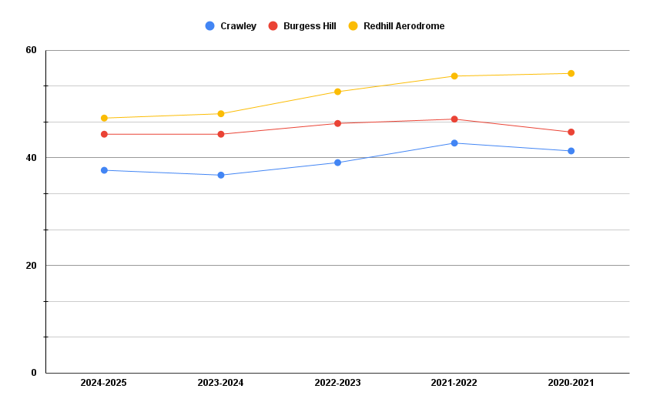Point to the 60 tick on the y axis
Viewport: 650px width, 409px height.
31,50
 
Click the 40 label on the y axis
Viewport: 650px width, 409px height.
31,158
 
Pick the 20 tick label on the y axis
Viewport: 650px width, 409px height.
31,266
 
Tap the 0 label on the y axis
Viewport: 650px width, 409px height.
33,373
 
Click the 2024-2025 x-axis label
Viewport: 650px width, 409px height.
104,383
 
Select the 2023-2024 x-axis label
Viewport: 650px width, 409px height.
221,383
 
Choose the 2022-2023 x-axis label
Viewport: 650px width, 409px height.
337,383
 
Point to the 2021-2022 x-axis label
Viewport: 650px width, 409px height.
454,383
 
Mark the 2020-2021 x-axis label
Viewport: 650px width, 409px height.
571,383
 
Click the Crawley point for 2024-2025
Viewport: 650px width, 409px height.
104,170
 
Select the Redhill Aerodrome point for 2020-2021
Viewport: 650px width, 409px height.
571,74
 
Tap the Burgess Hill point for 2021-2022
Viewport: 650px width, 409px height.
454,119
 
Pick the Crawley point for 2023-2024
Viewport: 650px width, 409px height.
221,175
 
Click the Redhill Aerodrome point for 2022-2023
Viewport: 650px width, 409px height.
337,92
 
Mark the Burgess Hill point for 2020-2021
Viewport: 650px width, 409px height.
571,132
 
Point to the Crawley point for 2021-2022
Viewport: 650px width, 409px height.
454,143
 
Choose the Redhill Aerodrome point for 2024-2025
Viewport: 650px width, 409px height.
104,118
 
